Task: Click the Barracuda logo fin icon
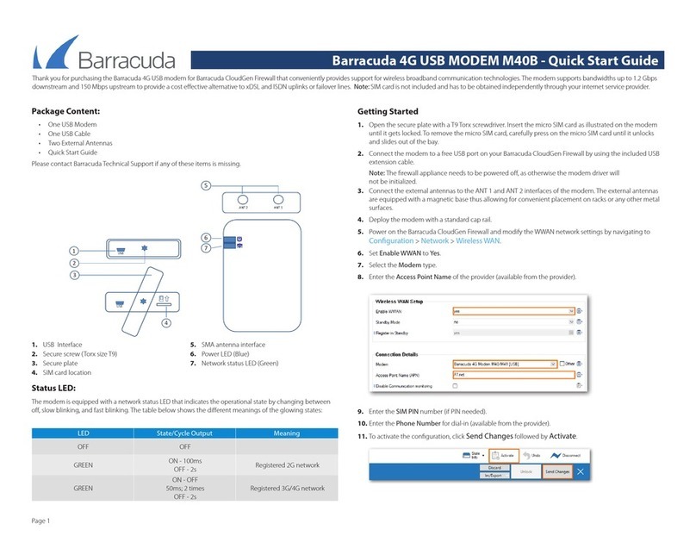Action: (x=54, y=54)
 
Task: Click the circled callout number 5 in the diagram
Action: (x=205, y=185)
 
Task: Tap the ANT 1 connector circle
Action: (x=277, y=199)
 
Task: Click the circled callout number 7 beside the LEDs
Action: (x=205, y=248)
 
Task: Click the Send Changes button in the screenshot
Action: (x=556, y=472)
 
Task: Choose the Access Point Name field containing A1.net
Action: (x=513, y=376)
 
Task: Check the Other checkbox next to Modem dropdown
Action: (x=562, y=364)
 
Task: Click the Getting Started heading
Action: (x=388, y=111)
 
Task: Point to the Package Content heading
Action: (x=65, y=111)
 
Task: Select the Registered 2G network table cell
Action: (x=286, y=464)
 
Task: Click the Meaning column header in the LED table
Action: (x=286, y=433)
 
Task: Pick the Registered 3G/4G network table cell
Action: (x=286, y=488)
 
